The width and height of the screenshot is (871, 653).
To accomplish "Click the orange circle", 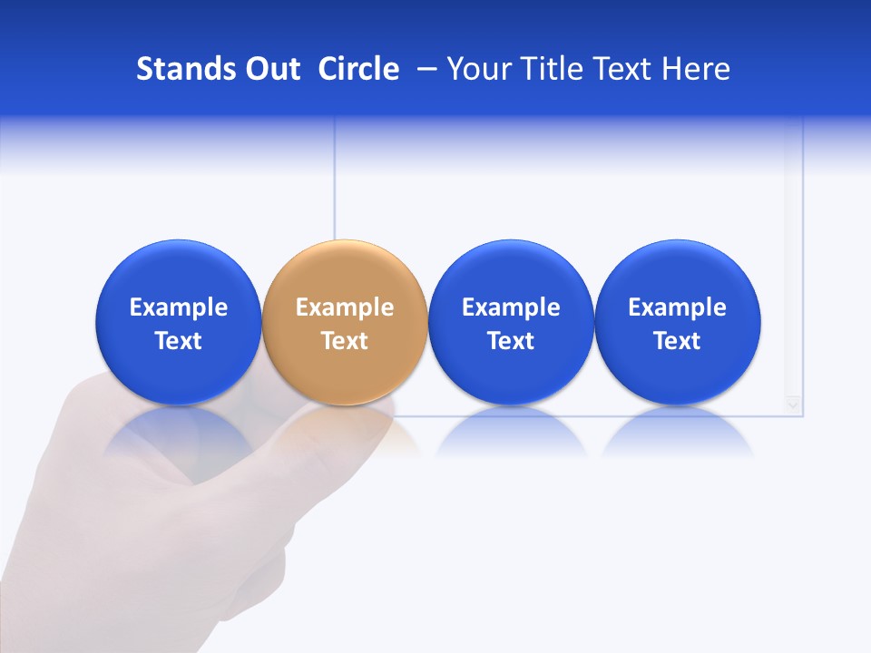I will (x=345, y=322).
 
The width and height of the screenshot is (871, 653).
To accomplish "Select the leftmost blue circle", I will (x=179, y=322).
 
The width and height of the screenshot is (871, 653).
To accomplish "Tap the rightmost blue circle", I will (x=677, y=322).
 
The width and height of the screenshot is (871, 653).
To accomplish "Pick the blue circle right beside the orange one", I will (x=511, y=322).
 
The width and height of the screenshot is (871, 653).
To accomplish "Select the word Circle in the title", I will (x=358, y=69).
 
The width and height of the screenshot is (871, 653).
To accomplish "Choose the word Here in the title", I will (x=696, y=69).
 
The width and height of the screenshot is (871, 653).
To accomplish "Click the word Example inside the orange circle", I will (x=345, y=307).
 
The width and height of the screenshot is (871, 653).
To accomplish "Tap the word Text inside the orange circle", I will (x=345, y=341).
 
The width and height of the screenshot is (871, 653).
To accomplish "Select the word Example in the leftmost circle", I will (x=179, y=307).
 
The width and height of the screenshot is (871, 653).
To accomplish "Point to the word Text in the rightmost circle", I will (x=677, y=341).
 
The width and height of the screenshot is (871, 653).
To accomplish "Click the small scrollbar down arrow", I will (x=794, y=404).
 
